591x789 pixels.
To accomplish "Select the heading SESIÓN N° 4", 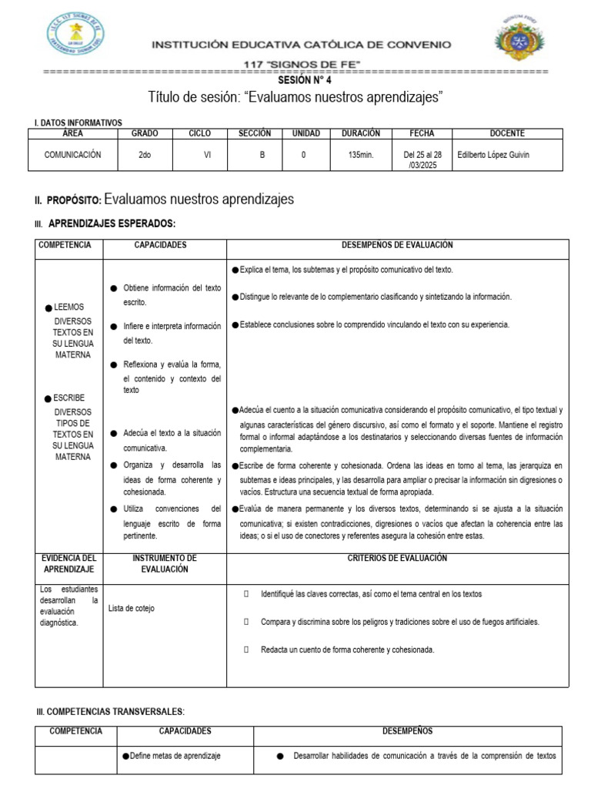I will tap(304, 80).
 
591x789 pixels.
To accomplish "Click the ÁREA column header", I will tap(72, 133).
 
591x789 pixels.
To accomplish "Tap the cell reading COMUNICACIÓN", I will tap(72, 155).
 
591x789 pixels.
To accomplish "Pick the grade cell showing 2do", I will tap(145, 155).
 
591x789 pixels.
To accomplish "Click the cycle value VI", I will tap(207, 155).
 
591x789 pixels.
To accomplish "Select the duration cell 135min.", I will tap(361, 155).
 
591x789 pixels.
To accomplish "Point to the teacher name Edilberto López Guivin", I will tap(493, 155).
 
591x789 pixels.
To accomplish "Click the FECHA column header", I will tap(422, 133).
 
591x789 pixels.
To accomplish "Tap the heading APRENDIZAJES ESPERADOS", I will tap(112, 223).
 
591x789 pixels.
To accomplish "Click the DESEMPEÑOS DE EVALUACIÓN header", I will tap(397, 245).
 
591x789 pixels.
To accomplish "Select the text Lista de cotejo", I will tap(132, 608).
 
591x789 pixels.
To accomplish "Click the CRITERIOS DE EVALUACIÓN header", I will tap(397, 558).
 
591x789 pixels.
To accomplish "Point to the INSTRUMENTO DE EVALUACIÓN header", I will tap(165, 562).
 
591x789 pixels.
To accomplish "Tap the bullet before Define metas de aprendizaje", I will tap(125, 756).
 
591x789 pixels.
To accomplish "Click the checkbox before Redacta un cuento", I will tap(246, 650).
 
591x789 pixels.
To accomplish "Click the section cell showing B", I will tap(262, 155).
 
